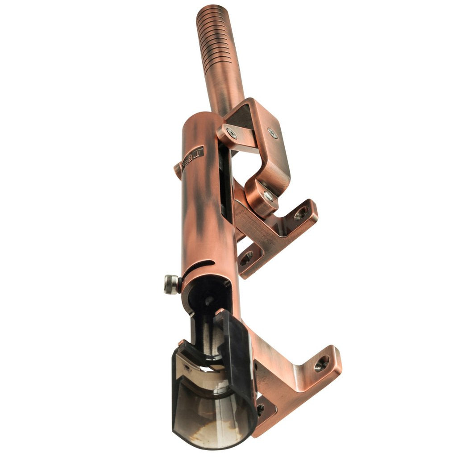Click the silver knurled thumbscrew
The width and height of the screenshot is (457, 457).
[x=171, y=284]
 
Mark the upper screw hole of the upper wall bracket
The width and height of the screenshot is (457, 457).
[x=301, y=212]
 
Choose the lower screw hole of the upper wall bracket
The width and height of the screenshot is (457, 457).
[x=246, y=258]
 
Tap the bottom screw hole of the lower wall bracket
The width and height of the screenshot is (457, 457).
[x=260, y=407]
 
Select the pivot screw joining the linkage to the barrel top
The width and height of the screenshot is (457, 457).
[x=232, y=132]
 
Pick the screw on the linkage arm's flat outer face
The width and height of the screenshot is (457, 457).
[x=272, y=133]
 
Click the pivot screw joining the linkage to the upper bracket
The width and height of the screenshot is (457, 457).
[x=268, y=195]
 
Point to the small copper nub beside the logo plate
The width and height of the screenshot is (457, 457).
[x=177, y=169]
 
